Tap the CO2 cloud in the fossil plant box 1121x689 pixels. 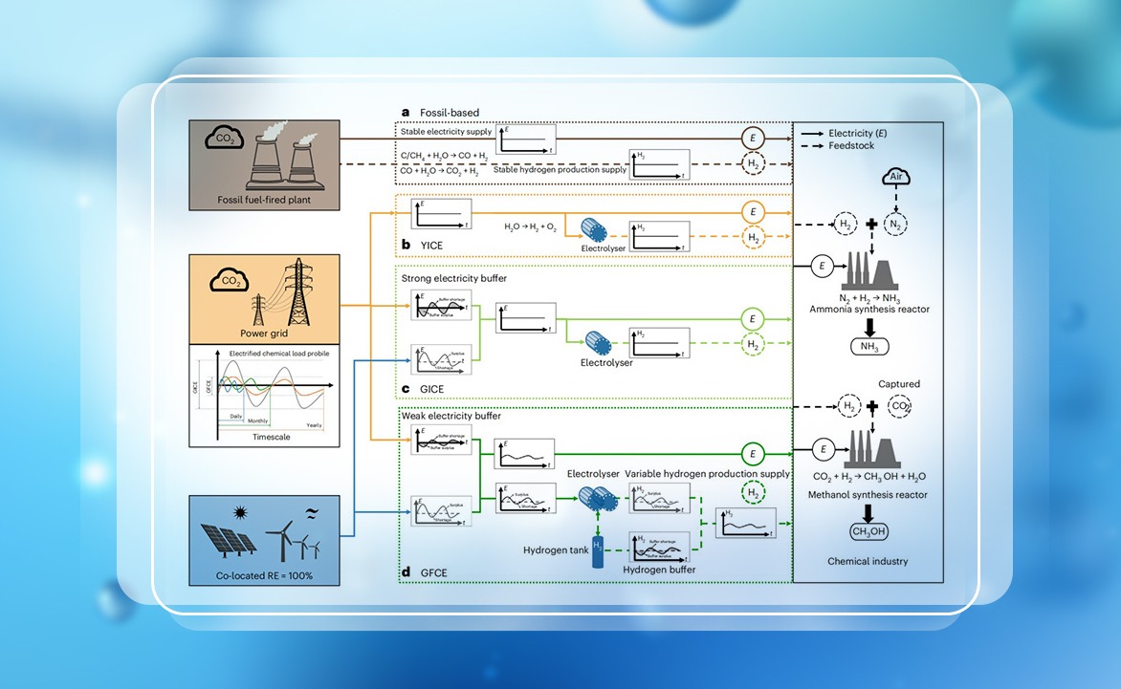(x=226, y=141)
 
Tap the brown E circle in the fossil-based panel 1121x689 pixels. (x=753, y=140)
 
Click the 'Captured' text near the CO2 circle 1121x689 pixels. (x=898, y=384)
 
